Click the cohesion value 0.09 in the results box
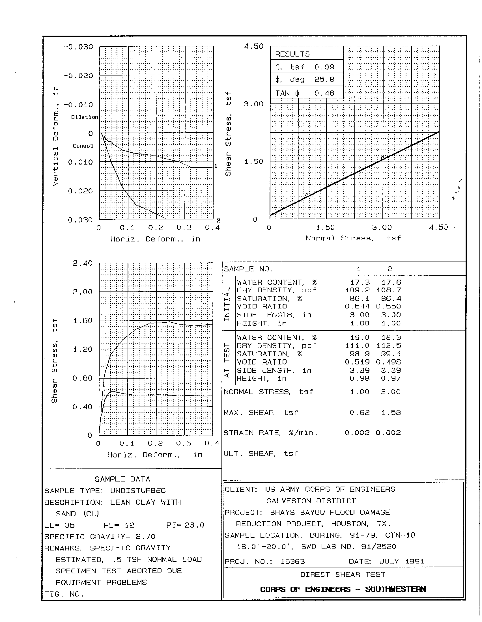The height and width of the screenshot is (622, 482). [324, 67]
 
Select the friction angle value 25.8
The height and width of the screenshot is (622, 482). [324, 79]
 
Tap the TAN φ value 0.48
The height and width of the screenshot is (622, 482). [324, 93]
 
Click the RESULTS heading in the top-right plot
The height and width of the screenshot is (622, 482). [292, 54]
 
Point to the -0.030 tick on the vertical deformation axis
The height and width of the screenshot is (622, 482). [78, 47]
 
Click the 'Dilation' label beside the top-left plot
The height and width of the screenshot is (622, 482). [85, 117]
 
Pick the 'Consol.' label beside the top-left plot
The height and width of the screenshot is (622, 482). [84, 146]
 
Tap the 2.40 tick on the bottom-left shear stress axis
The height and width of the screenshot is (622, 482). [83, 263]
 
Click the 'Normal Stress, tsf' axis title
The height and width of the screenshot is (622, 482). [353, 238]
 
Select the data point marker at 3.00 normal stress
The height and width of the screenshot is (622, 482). [383, 158]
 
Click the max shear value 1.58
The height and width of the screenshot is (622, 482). [391, 413]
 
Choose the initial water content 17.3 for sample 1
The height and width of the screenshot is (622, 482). [360, 282]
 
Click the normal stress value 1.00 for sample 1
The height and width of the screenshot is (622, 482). [360, 392]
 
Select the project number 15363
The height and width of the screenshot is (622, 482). [292, 561]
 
